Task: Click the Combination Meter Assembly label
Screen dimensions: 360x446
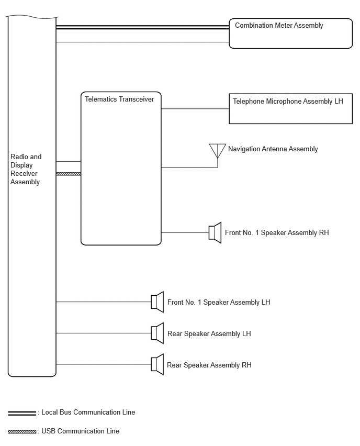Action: [x=279, y=26]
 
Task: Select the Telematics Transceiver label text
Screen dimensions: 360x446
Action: [x=119, y=99]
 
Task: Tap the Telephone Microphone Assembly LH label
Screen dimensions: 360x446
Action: [x=288, y=102]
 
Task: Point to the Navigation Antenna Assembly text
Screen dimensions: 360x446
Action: [x=273, y=149]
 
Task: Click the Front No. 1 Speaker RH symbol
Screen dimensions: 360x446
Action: [x=215, y=232]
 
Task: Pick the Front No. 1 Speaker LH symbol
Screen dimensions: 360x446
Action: [x=157, y=302]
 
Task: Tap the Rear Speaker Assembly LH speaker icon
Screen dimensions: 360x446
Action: [x=157, y=333]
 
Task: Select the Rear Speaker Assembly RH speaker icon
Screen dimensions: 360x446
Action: [x=157, y=364]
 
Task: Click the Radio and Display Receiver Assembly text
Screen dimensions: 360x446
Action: [x=26, y=169]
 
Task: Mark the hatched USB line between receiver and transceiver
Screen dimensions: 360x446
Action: [x=69, y=174]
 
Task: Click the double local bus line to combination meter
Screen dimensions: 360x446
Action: [x=143, y=27]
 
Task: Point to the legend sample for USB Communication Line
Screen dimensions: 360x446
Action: [x=22, y=432]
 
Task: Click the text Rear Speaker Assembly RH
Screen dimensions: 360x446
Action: [x=209, y=365]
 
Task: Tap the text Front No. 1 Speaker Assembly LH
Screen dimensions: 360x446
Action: [x=219, y=303]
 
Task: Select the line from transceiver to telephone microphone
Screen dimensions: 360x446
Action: [x=195, y=109]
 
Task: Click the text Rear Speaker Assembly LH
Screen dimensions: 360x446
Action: [x=209, y=333]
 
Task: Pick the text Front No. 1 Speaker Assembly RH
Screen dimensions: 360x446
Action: [x=277, y=232]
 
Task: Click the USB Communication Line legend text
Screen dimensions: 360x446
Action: [x=80, y=431]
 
